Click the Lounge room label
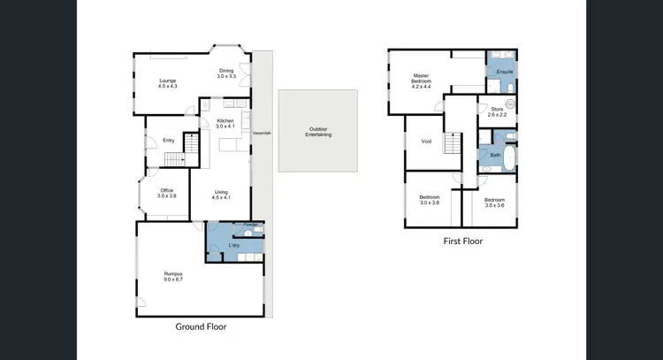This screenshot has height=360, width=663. (x=168, y=83)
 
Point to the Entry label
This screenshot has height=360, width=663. (x=168, y=140)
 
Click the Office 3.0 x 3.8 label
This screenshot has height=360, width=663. (x=167, y=193)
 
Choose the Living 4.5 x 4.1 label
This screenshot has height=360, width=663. (x=220, y=194)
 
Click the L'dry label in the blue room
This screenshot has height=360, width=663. (x=234, y=244)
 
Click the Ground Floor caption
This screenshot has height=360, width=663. (x=200, y=326)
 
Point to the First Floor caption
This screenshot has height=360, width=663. (x=462, y=241)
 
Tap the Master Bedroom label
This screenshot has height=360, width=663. (x=420, y=82)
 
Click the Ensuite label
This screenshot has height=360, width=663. (x=505, y=71)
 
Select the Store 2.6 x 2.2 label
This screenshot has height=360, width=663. (x=497, y=111)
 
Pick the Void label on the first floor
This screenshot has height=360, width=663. (x=426, y=141)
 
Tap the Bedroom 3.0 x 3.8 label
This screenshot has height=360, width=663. (x=430, y=201)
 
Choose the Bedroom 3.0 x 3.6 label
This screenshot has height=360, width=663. (x=494, y=203)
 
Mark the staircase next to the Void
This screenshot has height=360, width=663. (x=453, y=144)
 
